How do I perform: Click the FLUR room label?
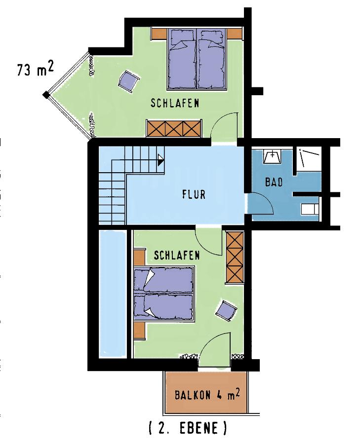click(x=194, y=194)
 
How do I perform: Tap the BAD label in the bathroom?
click(x=274, y=182)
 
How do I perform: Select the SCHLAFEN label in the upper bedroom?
click(x=175, y=103)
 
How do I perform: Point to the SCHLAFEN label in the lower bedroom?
click(x=177, y=256)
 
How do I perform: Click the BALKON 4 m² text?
click(x=207, y=395)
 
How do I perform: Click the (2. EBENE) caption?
click(x=188, y=428)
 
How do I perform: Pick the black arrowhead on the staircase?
click(x=160, y=160)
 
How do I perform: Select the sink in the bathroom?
click(x=273, y=156)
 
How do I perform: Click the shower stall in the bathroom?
click(x=309, y=160)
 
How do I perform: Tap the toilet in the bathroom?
click(x=310, y=210)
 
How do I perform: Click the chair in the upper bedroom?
click(x=129, y=81)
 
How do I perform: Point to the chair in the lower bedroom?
click(x=226, y=311)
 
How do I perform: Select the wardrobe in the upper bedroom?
click(x=174, y=129)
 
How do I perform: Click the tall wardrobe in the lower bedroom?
click(x=235, y=258)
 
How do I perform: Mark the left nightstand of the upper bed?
click(x=159, y=34)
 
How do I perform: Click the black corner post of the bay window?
click(x=46, y=95)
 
